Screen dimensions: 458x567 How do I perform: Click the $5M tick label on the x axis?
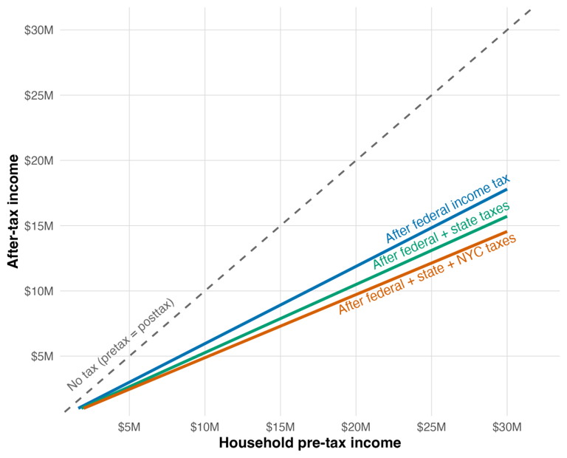pyautogui.click(x=129, y=428)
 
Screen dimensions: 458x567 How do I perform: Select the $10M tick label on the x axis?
pyautogui.click(x=205, y=428)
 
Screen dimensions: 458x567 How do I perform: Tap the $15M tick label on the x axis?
pyautogui.click(x=281, y=428)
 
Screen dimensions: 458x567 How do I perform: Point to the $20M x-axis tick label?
pyautogui.click(x=356, y=428)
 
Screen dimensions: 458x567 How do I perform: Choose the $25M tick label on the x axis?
pyautogui.click(x=432, y=428)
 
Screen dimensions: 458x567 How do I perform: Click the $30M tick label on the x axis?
pyautogui.click(x=507, y=428)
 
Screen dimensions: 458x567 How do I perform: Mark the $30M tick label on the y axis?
pyautogui.click(x=38, y=30)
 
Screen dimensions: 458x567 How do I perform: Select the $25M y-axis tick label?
pyautogui.click(x=38, y=95)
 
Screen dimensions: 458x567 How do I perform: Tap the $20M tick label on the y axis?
pyautogui.click(x=38, y=160)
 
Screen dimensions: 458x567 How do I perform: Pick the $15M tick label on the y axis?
pyautogui.click(x=38, y=225)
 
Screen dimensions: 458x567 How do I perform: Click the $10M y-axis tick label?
pyautogui.click(x=38, y=290)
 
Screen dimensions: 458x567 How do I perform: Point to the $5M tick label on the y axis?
pyautogui.click(x=41, y=356)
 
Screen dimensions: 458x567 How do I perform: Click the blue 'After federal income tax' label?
pyautogui.click(x=447, y=210)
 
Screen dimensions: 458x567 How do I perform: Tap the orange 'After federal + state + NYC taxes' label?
pyautogui.click(x=427, y=274)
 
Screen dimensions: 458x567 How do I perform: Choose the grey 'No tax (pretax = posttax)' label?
pyautogui.click(x=120, y=344)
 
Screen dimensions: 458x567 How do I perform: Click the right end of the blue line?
pyautogui.click(x=507, y=189)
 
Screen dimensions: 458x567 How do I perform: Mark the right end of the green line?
pyautogui.click(x=507, y=216)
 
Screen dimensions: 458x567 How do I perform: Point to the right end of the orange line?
pyautogui.click(x=507, y=232)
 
